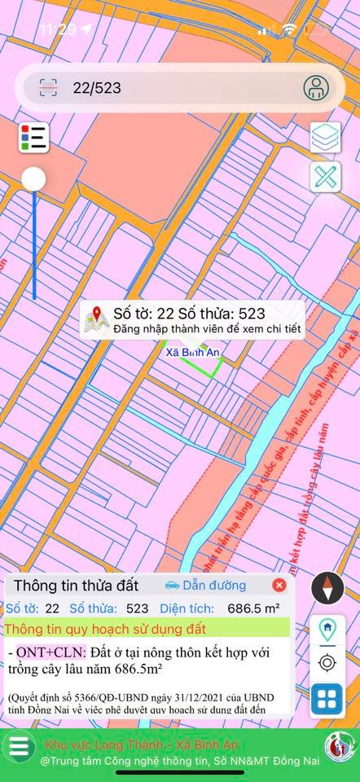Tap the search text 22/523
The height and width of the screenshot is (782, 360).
97,88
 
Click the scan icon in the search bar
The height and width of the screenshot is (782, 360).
48,88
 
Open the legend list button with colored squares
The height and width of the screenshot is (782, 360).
33,137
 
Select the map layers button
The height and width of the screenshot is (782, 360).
325,137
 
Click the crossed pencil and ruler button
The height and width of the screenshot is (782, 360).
325,178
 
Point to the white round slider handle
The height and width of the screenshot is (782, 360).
33,179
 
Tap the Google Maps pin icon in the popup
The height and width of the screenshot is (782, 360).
97,319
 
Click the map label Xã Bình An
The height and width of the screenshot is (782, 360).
193,353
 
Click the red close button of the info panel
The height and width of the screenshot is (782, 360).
279,585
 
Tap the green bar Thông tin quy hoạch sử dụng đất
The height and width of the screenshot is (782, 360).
147,628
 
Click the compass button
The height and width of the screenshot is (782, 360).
327,587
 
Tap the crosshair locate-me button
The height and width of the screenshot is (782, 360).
327,662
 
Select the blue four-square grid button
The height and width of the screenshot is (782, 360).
327,699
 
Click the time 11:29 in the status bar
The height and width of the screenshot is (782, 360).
57,29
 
